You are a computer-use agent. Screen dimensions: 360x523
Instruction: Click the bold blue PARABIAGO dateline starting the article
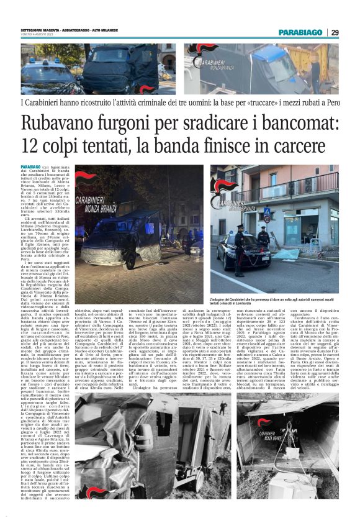pos(31,168)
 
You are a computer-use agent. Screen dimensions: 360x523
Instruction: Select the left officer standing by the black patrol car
pos(240,248)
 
